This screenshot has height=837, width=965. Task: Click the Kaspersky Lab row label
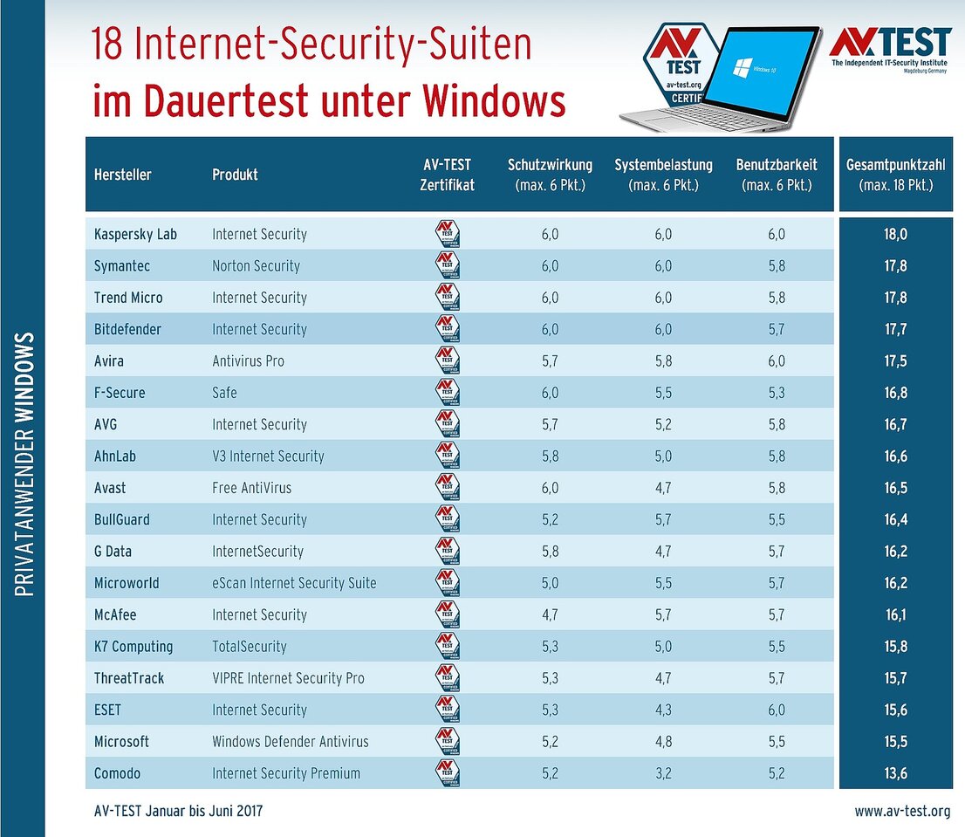135,234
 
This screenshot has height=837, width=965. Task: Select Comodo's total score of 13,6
895,773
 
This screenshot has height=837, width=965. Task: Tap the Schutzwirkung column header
550,175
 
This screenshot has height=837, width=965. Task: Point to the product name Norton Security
256,266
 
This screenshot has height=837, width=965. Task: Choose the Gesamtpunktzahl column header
895,175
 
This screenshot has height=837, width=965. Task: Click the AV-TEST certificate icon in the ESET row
448,710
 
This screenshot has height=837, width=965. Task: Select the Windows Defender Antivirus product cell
291,742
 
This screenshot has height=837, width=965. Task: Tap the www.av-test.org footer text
902,812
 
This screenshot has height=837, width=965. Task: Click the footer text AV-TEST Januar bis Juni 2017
178,812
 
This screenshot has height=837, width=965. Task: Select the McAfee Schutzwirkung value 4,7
550,614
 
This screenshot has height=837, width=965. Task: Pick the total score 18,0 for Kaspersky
895,234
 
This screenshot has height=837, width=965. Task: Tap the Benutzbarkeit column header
777,175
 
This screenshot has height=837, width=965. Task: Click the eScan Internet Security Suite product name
294,583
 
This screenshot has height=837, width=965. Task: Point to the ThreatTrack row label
129,678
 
